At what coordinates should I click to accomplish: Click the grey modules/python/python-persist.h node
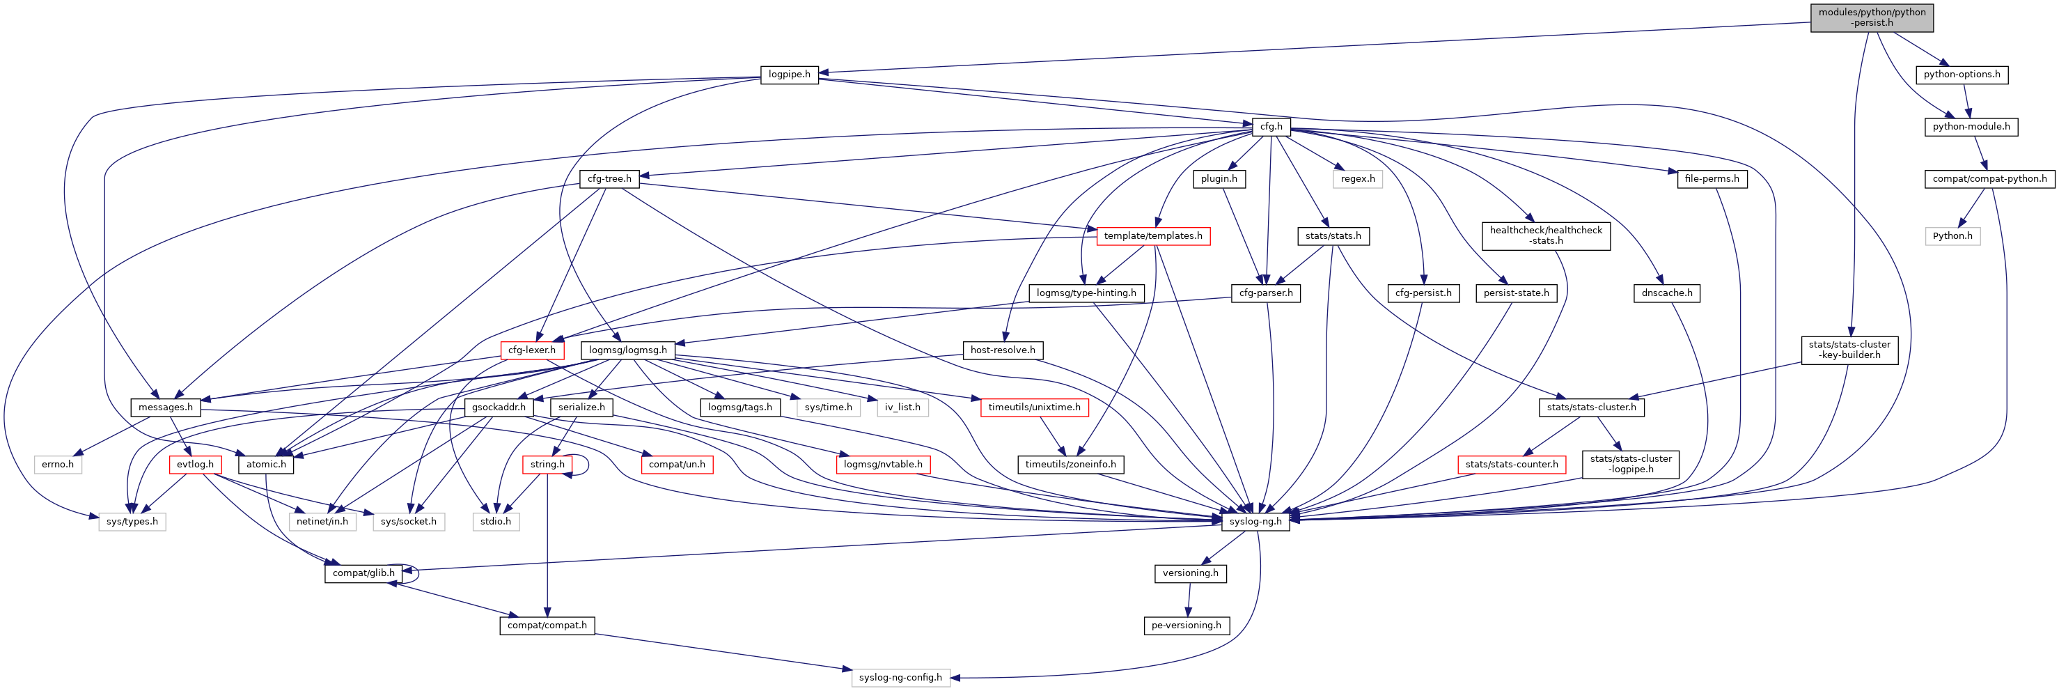point(1871,17)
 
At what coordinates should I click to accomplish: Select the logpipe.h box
point(789,75)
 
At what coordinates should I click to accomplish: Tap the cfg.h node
point(1271,126)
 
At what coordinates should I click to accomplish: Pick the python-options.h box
point(1962,75)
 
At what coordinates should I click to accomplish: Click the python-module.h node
point(1971,126)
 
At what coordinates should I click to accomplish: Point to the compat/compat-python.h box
point(1989,178)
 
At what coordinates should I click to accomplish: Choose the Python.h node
point(1952,236)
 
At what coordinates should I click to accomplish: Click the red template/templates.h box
point(1152,236)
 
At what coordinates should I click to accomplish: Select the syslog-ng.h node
point(1255,522)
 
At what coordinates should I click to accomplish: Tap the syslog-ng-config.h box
point(900,677)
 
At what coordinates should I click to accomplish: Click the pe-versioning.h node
point(1185,626)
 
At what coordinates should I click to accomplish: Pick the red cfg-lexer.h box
point(531,350)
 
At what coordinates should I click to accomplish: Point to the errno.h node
point(58,464)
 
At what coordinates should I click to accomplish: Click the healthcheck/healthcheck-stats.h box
point(1545,236)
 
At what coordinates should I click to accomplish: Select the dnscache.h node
point(1666,293)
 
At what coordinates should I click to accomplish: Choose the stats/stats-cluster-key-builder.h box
point(1849,350)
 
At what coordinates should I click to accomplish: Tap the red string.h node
point(547,464)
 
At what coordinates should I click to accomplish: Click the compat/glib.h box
point(363,573)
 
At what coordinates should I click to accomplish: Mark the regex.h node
point(1357,178)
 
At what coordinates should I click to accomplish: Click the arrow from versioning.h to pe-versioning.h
point(1189,600)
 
